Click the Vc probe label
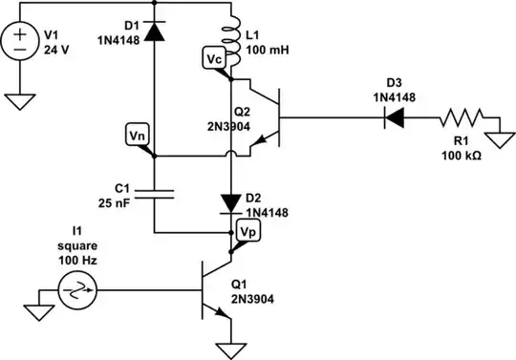216,59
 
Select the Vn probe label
138,135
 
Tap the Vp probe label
246,231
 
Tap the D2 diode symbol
229,202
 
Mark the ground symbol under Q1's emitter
229,346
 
